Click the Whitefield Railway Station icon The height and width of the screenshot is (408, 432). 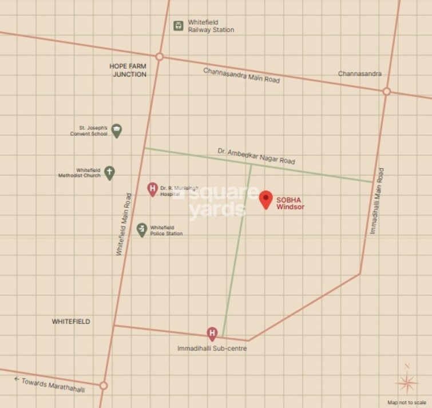(179, 26)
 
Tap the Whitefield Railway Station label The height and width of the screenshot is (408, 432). (211, 26)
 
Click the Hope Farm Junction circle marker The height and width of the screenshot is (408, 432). (160, 57)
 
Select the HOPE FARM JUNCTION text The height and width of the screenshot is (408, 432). (129, 70)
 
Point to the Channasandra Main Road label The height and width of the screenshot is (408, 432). (241, 76)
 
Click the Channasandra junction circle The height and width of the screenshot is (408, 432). (386, 92)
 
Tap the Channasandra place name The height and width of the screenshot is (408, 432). (359, 74)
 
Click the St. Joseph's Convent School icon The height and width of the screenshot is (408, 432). (117, 130)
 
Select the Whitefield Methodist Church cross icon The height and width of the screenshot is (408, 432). (109, 172)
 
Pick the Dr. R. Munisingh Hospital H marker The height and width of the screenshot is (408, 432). (152, 189)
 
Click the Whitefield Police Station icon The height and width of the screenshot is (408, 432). (142, 229)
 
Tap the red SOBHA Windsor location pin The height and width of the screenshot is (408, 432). (265, 199)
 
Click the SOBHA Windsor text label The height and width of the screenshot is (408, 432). (290, 203)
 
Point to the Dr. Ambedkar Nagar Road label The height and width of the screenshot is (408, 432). (256, 156)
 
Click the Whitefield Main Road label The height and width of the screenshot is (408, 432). (124, 224)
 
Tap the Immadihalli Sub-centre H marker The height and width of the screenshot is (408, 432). (212, 334)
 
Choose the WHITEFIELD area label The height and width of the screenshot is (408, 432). (71, 322)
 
